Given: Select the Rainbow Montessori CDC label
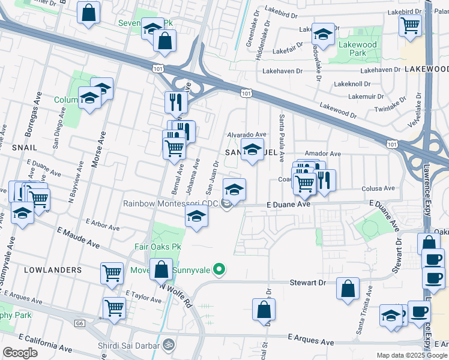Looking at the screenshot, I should (x=170, y=204).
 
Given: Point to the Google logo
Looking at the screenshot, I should (x=20, y=352).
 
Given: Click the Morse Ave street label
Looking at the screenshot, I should (x=95, y=151).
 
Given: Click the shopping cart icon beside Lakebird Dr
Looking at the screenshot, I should (x=411, y=25).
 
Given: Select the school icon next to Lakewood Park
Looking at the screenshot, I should (x=323, y=34).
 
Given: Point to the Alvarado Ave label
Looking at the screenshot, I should (x=246, y=135).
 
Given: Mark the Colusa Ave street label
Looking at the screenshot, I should (x=376, y=188).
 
